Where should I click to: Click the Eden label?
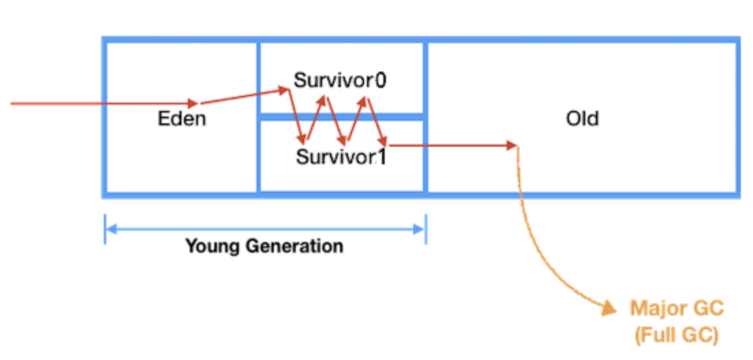pos(182,119)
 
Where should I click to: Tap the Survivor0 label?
pos(340,80)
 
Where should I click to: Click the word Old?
pos(582,119)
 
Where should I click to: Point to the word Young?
pos(213,245)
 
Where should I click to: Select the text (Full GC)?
pos(676,335)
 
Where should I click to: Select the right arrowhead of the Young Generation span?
pos(420,230)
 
